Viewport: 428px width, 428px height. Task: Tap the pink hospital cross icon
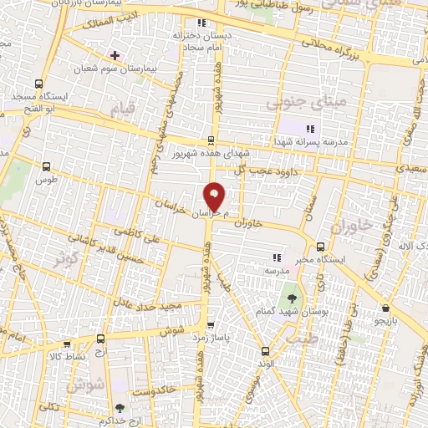point(115,55)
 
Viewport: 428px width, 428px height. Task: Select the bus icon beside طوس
point(44,166)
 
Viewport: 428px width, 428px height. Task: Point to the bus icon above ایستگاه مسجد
point(38,84)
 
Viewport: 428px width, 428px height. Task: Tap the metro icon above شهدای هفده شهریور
point(211,140)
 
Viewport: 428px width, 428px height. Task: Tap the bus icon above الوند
point(265,351)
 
